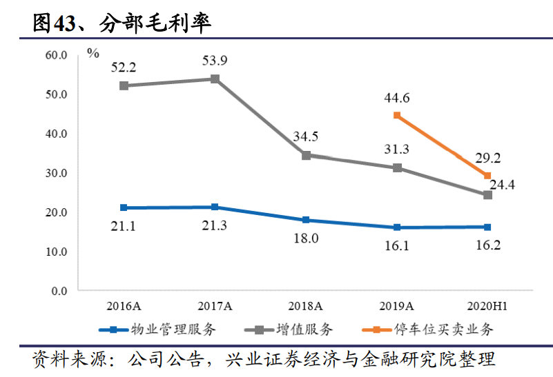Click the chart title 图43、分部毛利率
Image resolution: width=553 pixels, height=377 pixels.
[122, 23]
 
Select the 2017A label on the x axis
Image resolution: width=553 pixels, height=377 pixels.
[215, 305]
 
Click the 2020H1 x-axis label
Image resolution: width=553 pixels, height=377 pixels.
[487, 305]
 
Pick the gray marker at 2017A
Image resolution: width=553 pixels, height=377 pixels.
[215, 79]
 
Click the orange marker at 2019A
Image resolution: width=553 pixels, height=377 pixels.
[397, 115]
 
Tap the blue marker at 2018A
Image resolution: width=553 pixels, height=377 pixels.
[306, 221]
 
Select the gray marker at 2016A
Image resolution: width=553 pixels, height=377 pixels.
[124, 85]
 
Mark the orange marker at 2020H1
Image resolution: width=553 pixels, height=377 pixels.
[487, 176]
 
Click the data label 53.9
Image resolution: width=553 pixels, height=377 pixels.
[215, 60]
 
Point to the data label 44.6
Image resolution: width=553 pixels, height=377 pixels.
[397, 98]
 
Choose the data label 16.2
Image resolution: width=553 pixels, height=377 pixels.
[487, 245]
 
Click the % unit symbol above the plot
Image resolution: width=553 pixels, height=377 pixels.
[93, 53]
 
